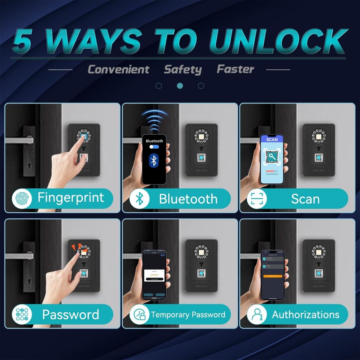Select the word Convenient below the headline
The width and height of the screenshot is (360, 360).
[118, 69]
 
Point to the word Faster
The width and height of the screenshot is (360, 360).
[235, 69]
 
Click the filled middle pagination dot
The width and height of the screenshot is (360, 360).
[180, 86]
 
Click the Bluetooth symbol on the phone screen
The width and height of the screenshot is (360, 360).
[153, 160]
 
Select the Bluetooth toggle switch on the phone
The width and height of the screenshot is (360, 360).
[154, 147]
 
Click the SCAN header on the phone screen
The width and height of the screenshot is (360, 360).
[272, 139]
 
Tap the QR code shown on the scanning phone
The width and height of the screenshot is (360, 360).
[272, 156]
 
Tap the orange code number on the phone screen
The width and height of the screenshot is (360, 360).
[154, 275]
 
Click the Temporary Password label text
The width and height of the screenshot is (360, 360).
[188, 314]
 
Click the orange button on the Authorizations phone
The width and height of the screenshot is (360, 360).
[273, 276]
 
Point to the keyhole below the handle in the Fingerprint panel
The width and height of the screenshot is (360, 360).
[30, 165]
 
